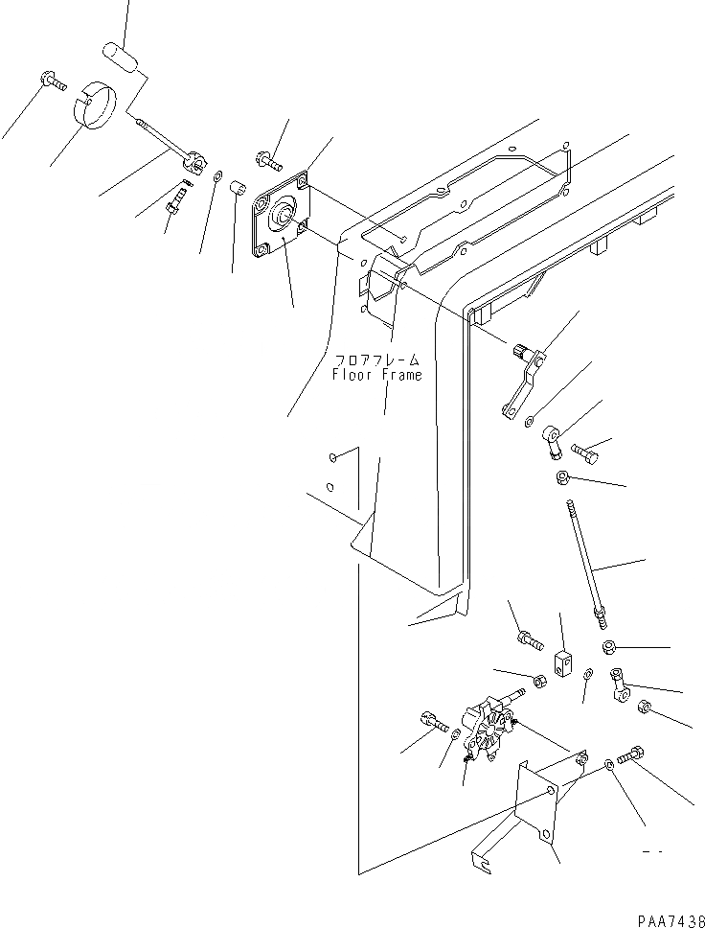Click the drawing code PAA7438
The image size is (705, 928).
click(x=661, y=917)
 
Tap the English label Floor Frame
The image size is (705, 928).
click(x=376, y=375)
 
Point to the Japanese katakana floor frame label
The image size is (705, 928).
click(x=376, y=360)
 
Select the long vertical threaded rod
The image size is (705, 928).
click(x=586, y=562)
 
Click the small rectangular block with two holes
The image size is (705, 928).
click(x=563, y=661)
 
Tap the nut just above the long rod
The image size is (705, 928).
click(x=565, y=477)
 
